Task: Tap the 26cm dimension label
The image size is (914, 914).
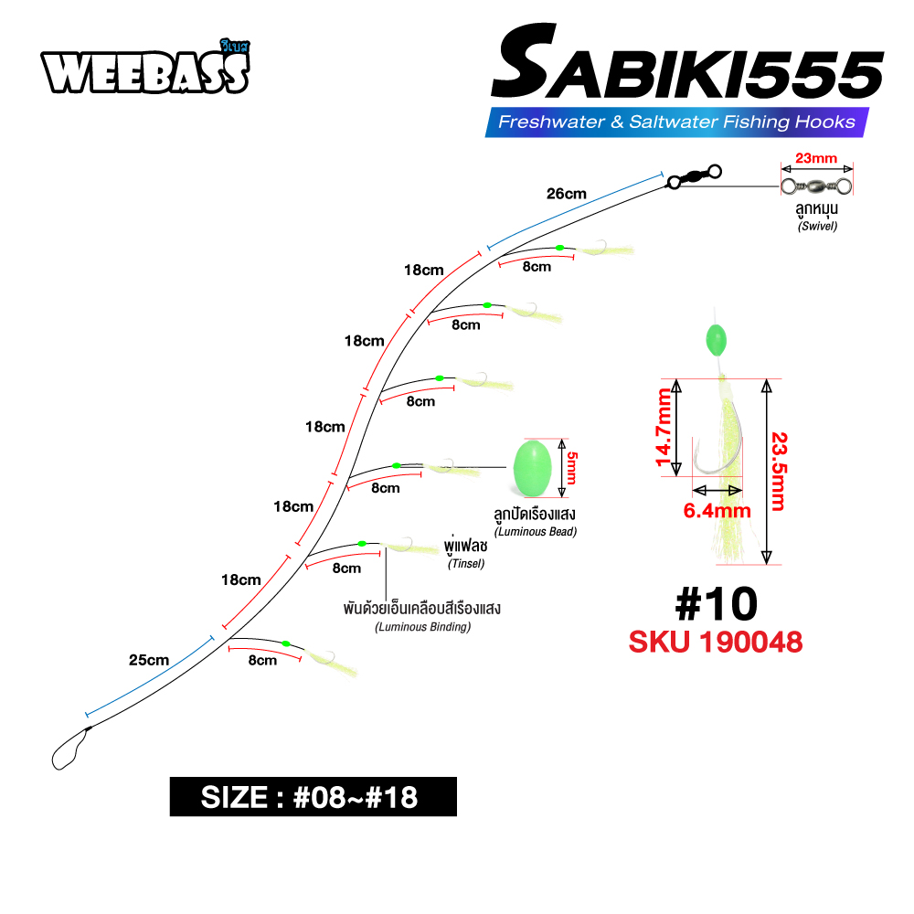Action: (x=567, y=194)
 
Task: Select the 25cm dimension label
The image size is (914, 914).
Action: (x=148, y=660)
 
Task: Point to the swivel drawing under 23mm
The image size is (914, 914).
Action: (x=816, y=186)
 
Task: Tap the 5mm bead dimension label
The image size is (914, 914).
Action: (x=573, y=467)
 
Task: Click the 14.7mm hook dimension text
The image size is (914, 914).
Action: (x=664, y=427)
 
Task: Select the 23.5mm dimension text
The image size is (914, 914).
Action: (x=778, y=473)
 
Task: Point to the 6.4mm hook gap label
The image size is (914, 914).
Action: (x=717, y=510)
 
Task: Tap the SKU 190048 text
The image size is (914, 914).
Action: (x=716, y=642)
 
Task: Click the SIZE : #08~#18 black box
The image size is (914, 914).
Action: (x=313, y=797)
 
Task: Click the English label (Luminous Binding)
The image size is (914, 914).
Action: (x=422, y=627)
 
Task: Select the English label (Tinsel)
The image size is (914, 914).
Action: (x=466, y=564)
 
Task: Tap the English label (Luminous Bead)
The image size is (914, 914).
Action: (x=536, y=532)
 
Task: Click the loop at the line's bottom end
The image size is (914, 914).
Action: (x=69, y=749)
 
